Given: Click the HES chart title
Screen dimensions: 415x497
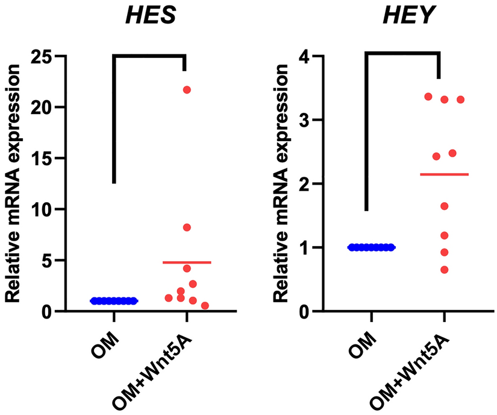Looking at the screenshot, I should pos(150,16).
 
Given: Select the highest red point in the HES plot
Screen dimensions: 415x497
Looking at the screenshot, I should pos(187,90).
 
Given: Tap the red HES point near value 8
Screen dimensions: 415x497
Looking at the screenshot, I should pos(187,227).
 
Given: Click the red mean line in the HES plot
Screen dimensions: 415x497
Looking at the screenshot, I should pos(187,262).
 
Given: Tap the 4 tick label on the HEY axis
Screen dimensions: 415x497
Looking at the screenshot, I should pos(303,56).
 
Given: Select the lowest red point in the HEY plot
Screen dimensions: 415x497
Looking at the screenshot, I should pos(445,270).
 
